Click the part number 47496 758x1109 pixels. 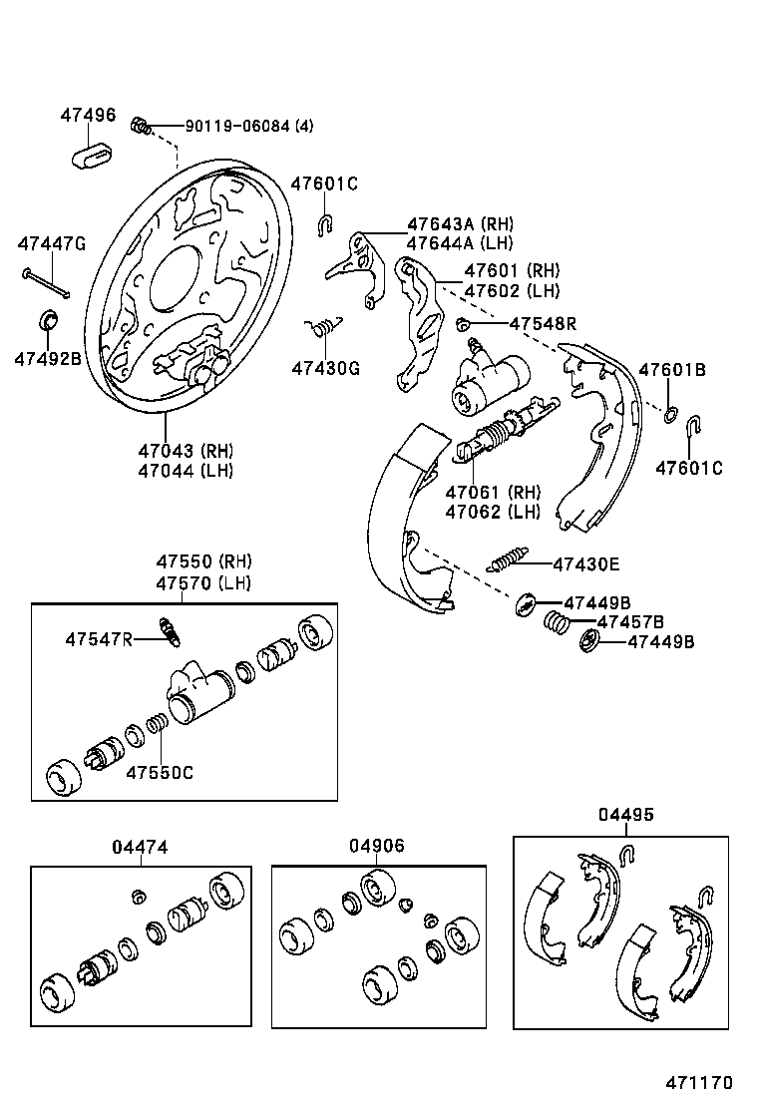click(x=87, y=115)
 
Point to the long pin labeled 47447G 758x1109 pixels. click(x=46, y=283)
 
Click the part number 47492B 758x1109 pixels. click(x=47, y=358)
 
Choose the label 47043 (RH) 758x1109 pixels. click(x=185, y=450)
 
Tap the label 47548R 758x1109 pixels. click(x=543, y=323)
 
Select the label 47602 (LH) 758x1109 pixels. click(x=513, y=291)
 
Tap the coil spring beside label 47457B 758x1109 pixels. click(x=557, y=623)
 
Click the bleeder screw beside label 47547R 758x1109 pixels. click(x=171, y=630)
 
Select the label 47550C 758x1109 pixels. click(x=160, y=771)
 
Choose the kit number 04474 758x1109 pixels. click(x=140, y=847)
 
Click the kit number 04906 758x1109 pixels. click(x=377, y=846)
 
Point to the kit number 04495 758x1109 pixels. click(x=626, y=815)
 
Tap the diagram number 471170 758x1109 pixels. click(x=700, y=1082)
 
